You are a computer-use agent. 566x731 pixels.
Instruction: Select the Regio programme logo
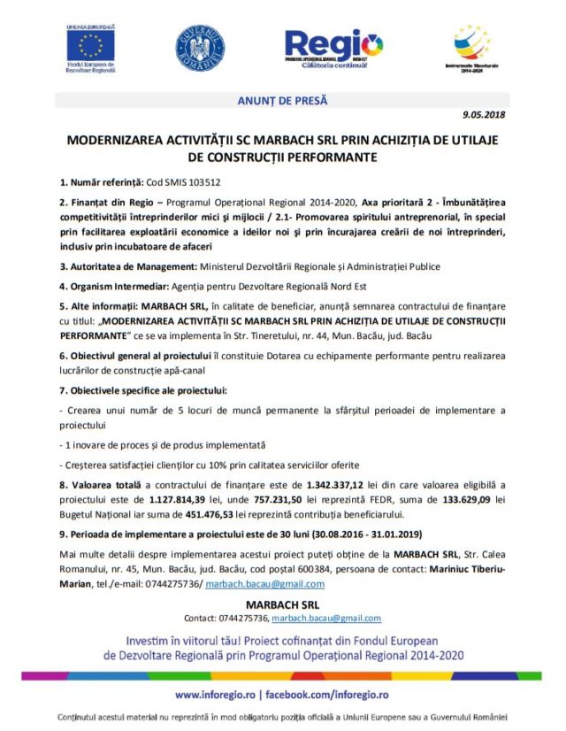click(333, 45)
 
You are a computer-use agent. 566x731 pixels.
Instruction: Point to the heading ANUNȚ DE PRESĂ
click(282, 101)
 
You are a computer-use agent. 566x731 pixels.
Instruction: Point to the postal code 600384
click(317, 571)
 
